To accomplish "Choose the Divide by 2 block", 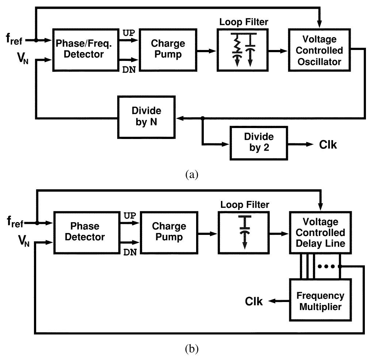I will pyautogui.click(x=259, y=143).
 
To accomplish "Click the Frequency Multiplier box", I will pyautogui.click(x=320, y=300).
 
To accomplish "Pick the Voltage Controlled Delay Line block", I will pyautogui.click(x=320, y=232).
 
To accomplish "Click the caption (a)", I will pyautogui.click(x=191, y=175).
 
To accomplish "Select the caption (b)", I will pyautogui.click(x=191, y=349).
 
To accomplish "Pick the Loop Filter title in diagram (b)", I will pyautogui.click(x=244, y=205).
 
